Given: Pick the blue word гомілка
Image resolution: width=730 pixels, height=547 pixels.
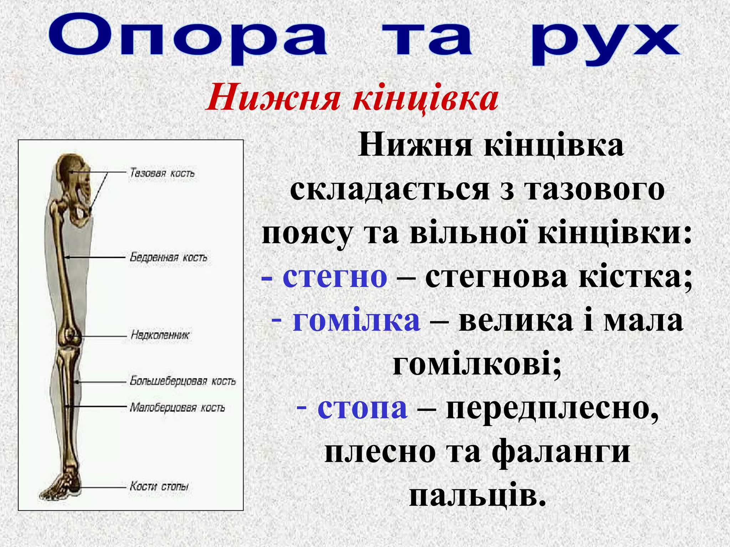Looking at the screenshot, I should coord(356,321).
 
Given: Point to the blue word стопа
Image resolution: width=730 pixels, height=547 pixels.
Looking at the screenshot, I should coord(362,408).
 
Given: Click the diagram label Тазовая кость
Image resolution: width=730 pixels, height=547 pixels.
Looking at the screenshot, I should coord(162,173).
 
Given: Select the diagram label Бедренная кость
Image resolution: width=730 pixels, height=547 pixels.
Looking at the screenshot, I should coord(168,257).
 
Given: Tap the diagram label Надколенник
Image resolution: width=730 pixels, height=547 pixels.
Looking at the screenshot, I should coord(160,335).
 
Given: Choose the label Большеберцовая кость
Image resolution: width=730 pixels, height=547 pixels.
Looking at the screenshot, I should coord(182,381).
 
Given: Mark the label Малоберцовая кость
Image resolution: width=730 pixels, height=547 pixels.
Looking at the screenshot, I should coord(177,408).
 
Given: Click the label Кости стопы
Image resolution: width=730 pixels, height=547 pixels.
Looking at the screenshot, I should coord(159,486).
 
